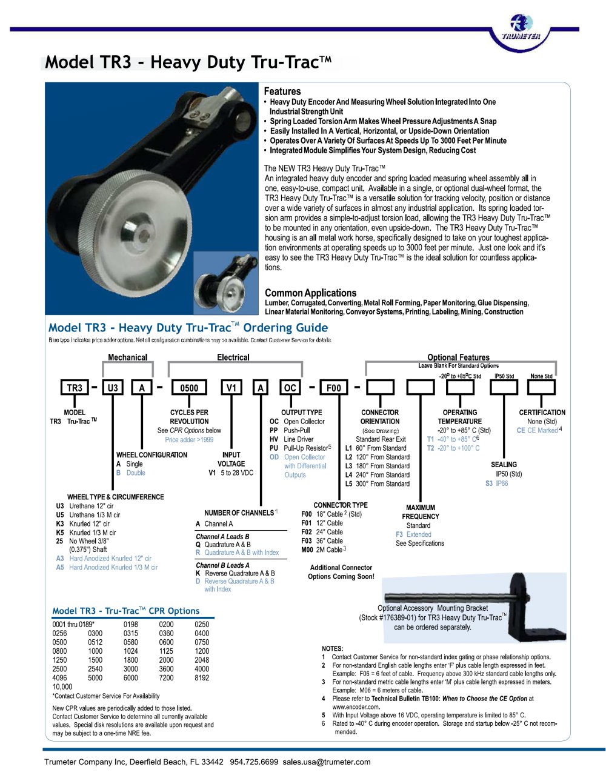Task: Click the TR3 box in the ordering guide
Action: click(x=75, y=388)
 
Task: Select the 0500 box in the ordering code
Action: click(x=189, y=388)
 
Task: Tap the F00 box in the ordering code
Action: click(x=334, y=388)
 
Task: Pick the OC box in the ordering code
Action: click(x=290, y=388)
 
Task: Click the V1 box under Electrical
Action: click(x=231, y=388)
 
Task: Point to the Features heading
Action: click(x=282, y=91)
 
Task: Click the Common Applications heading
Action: click(x=310, y=293)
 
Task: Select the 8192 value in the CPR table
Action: click(x=202, y=678)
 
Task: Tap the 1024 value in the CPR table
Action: click(x=130, y=651)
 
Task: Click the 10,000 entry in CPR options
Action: click(x=62, y=687)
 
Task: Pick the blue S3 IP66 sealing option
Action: click(x=496, y=483)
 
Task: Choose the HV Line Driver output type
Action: click(x=291, y=439)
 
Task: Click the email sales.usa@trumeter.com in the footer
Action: click(x=327, y=762)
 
